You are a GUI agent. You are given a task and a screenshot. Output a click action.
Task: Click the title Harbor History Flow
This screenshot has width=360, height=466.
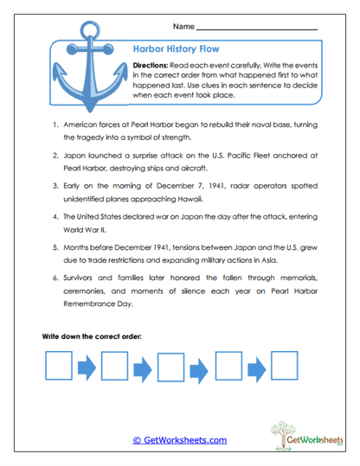tap(171, 50)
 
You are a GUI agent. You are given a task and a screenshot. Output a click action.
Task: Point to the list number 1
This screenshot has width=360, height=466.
tap(54, 125)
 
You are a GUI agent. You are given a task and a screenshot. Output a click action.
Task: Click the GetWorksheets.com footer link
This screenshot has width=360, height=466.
tap(180, 439)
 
